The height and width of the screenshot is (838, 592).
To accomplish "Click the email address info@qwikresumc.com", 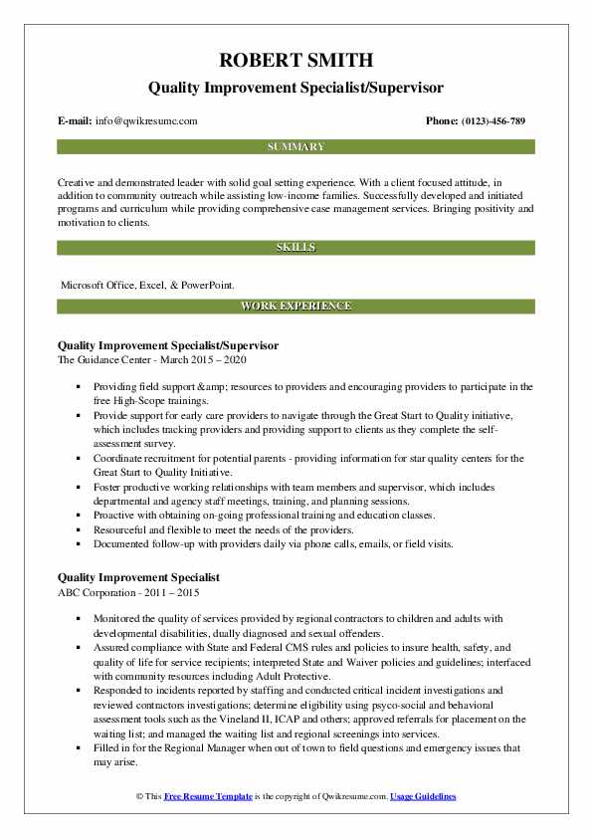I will pos(145,121).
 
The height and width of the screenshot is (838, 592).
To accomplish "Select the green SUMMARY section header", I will pos(296,147).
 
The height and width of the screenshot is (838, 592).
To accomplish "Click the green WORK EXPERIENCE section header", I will pos(296,307).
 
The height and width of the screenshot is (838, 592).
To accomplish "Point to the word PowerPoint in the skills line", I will pos(206,284).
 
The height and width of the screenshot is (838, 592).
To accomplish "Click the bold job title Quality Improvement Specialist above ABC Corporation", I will pos(139,577).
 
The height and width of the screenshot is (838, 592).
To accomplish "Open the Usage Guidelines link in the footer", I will pos(423,797).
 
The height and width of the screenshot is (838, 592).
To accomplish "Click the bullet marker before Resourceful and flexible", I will pos(77,531).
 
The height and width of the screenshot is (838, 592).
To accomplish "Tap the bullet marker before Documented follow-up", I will pos(77,544).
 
